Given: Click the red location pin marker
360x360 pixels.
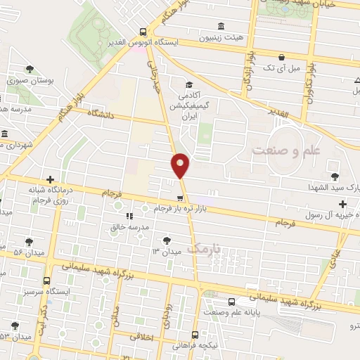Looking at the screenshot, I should pyautogui.click(x=181, y=165).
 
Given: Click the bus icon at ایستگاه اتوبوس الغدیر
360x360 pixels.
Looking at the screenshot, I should pyautogui.click(x=143, y=32).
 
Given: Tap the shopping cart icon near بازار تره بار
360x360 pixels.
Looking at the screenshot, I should pyautogui.click(x=181, y=198).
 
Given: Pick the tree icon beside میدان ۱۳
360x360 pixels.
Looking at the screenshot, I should pyautogui.click(x=167, y=239).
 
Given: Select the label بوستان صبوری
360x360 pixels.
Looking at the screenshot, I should pyautogui.click(x=30, y=81).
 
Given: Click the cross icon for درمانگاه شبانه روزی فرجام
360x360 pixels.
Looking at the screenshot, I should pyautogui.click(x=49, y=179).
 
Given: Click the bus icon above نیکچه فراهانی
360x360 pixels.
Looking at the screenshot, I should pyautogui.click(x=195, y=335).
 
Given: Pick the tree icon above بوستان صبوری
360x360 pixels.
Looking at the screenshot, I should pyautogui.click(x=30, y=69).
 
